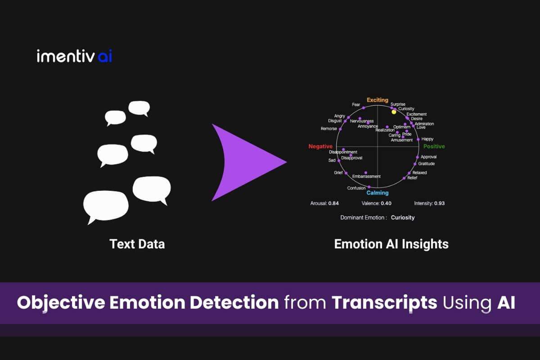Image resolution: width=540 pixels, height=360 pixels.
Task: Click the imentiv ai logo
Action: tap(74, 57)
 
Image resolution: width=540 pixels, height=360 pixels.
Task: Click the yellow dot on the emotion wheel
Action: tap(394, 112)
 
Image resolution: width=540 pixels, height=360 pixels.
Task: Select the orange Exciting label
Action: tap(377, 100)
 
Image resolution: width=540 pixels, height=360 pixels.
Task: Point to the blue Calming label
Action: tap(377, 193)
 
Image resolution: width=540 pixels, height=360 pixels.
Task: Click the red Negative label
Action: tap(320, 147)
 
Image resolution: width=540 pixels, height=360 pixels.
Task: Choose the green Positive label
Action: tap(434, 147)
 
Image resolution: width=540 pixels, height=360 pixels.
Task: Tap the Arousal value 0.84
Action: tap(333, 203)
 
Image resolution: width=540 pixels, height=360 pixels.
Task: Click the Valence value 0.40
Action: tap(386, 203)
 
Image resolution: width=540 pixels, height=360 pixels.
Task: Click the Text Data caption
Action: tap(137, 244)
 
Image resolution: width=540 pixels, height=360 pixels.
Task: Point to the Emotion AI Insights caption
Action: tap(391, 244)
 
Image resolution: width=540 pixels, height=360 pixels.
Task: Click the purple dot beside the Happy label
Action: tap(418, 139)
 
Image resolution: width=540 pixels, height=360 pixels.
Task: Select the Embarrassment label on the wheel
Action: tap(366, 176)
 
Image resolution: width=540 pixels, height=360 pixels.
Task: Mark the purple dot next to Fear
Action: tap(364, 108)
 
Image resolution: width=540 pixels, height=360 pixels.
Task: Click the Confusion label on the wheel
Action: tap(356, 188)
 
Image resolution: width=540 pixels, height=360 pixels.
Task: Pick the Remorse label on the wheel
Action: tap(328, 129)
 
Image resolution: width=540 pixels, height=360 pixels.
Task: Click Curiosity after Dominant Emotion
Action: tap(403, 217)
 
